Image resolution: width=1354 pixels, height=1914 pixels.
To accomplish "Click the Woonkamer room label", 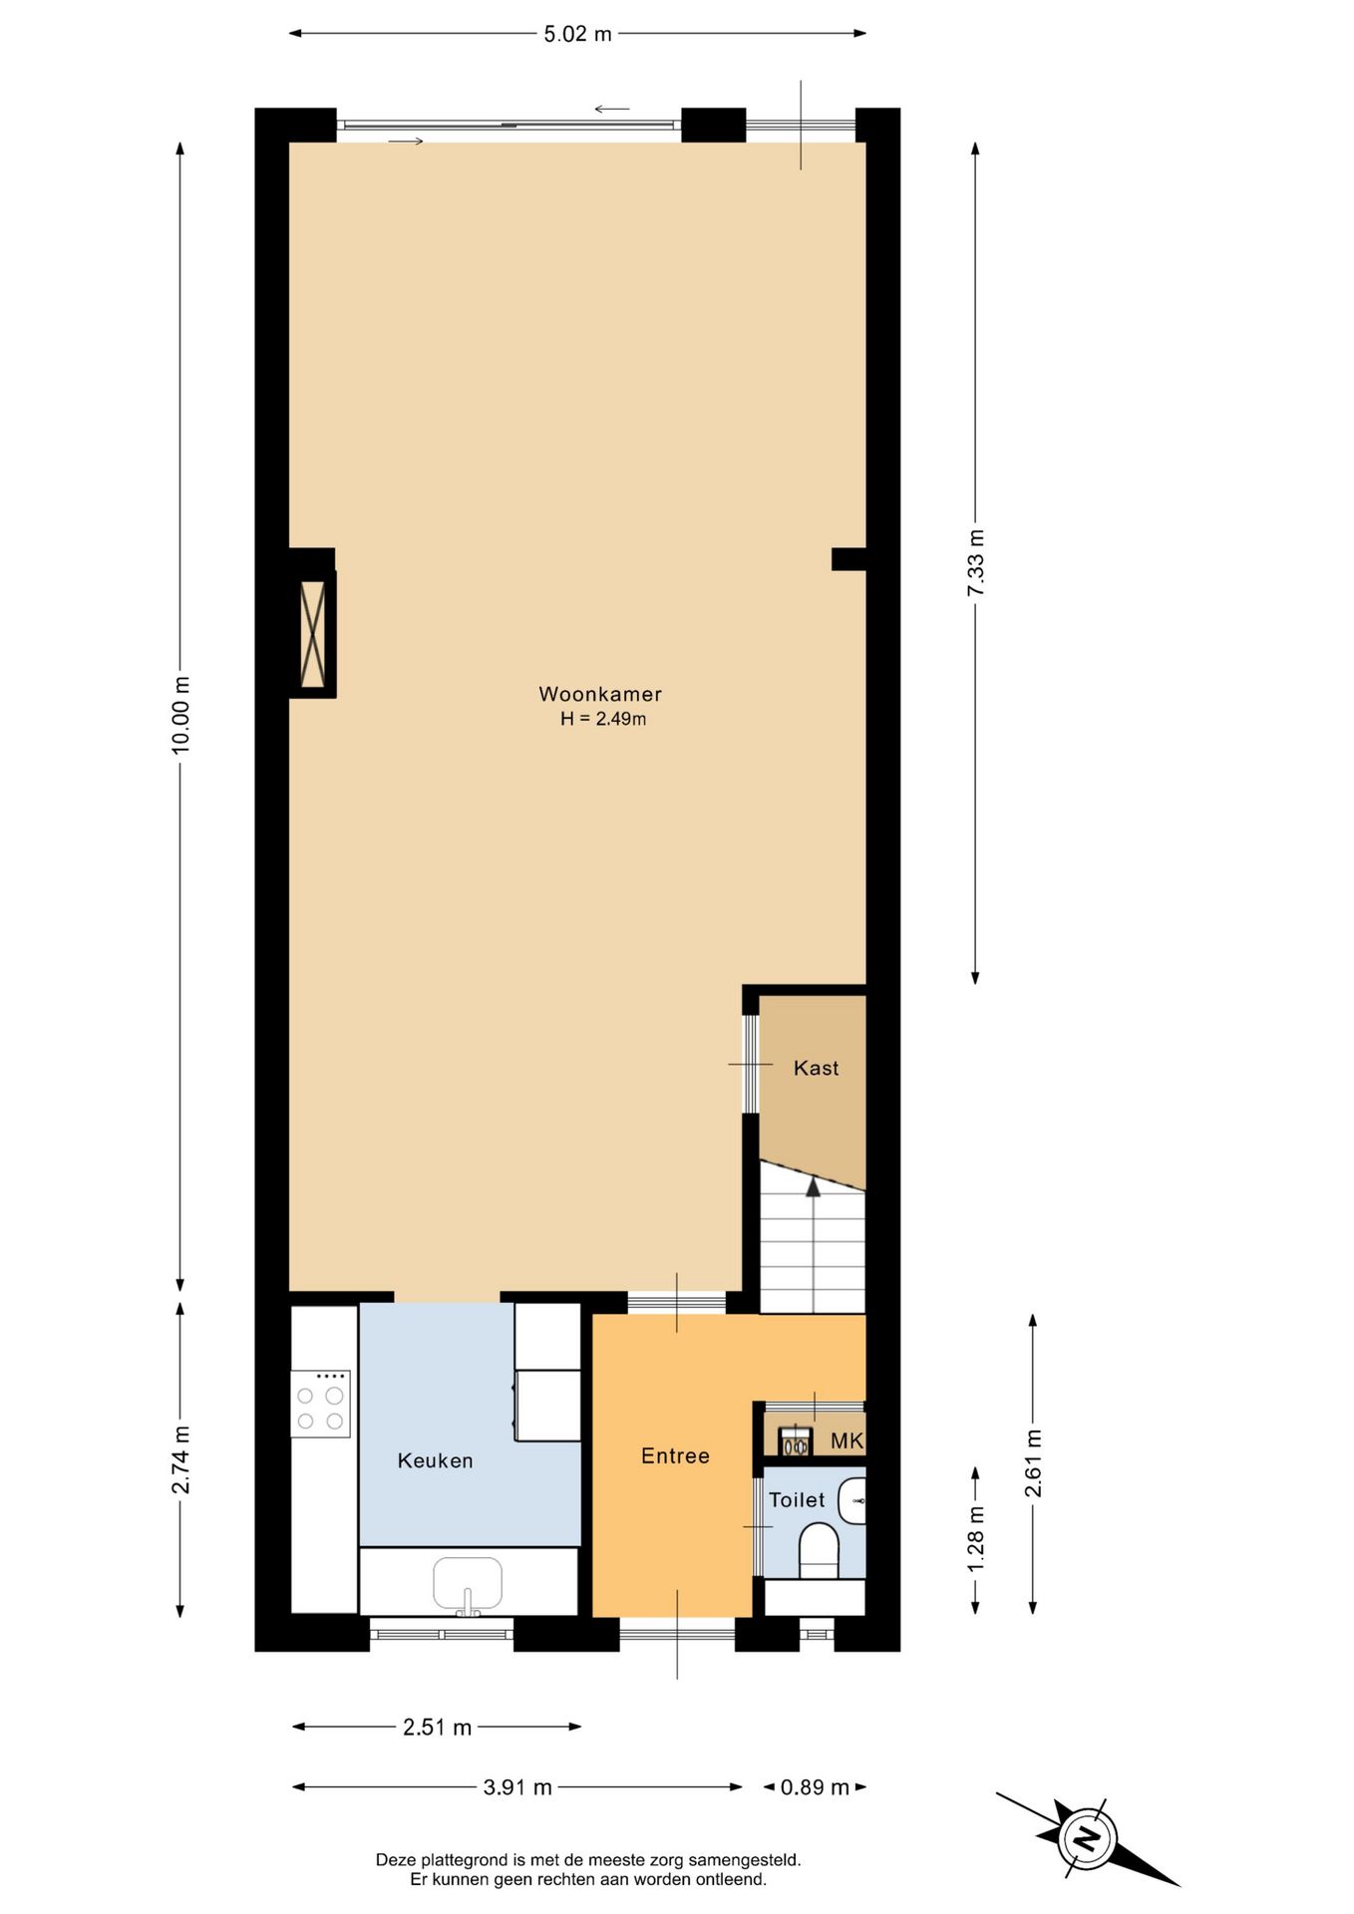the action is pyautogui.click(x=600, y=694).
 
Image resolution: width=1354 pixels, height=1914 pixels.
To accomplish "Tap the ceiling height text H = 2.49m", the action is pyautogui.click(x=602, y=719).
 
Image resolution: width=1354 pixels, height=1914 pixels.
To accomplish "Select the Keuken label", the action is pyautogui.click(x=435, y=1460).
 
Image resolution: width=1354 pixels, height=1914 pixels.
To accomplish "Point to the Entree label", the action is pyautogui.click(x=675, y=1455).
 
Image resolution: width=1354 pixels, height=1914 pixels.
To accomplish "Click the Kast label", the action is pyautogui.click(x=816, y=1068).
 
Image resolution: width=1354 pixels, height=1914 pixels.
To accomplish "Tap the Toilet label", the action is pyautogui.click(x=797, y=1499).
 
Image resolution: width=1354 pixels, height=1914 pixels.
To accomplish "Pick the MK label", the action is pyautogui.click(x=846, y=1440).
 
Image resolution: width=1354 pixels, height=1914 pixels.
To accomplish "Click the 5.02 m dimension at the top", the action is pyautogui.click(x=577, y=34).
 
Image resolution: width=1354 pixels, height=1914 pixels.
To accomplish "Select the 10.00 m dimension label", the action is pyautogui.click(x=180, y=715).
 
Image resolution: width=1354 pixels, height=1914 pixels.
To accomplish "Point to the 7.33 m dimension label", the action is pyautogui.click(x=975, y=563).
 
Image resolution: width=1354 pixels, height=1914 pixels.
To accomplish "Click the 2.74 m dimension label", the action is pyautogui.click(x=180, y=1460).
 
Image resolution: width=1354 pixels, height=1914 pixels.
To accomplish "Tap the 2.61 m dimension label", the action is pyautogui.click(x=1033, y=1463).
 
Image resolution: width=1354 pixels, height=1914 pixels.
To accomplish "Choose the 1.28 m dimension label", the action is pyautogui.click(x=975, y=1539).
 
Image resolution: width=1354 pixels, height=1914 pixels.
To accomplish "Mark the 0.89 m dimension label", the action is pyautogui.click(x=815, y=1787).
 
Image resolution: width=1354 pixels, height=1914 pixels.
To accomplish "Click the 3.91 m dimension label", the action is pyautogui.click(x=517, y=1787).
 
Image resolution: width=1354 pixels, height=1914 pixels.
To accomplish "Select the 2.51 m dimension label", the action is pyautogui.click(x=437, y=1728).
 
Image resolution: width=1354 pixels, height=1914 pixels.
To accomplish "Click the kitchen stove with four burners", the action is pyautogui.click(x=320, y=1404).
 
